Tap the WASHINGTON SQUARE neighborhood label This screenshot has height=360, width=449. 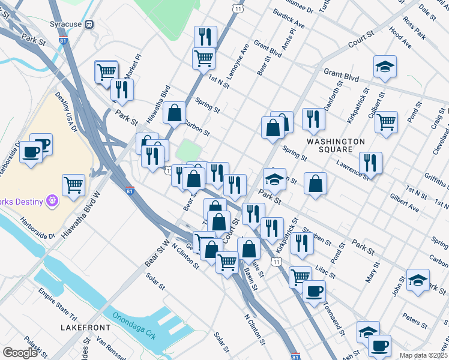pos(336,145)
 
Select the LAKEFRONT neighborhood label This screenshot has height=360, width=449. pos(86,328)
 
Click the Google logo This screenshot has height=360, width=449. pos(20,353)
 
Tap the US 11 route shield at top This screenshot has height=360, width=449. pos(239,8)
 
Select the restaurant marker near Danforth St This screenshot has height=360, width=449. pos(313,119)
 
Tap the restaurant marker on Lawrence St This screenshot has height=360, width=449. pos(370,163)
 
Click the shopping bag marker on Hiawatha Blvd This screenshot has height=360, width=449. pos(174,112)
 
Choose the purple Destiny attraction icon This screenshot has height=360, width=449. pos(52,199)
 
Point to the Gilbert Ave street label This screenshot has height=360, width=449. pos(404,203)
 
